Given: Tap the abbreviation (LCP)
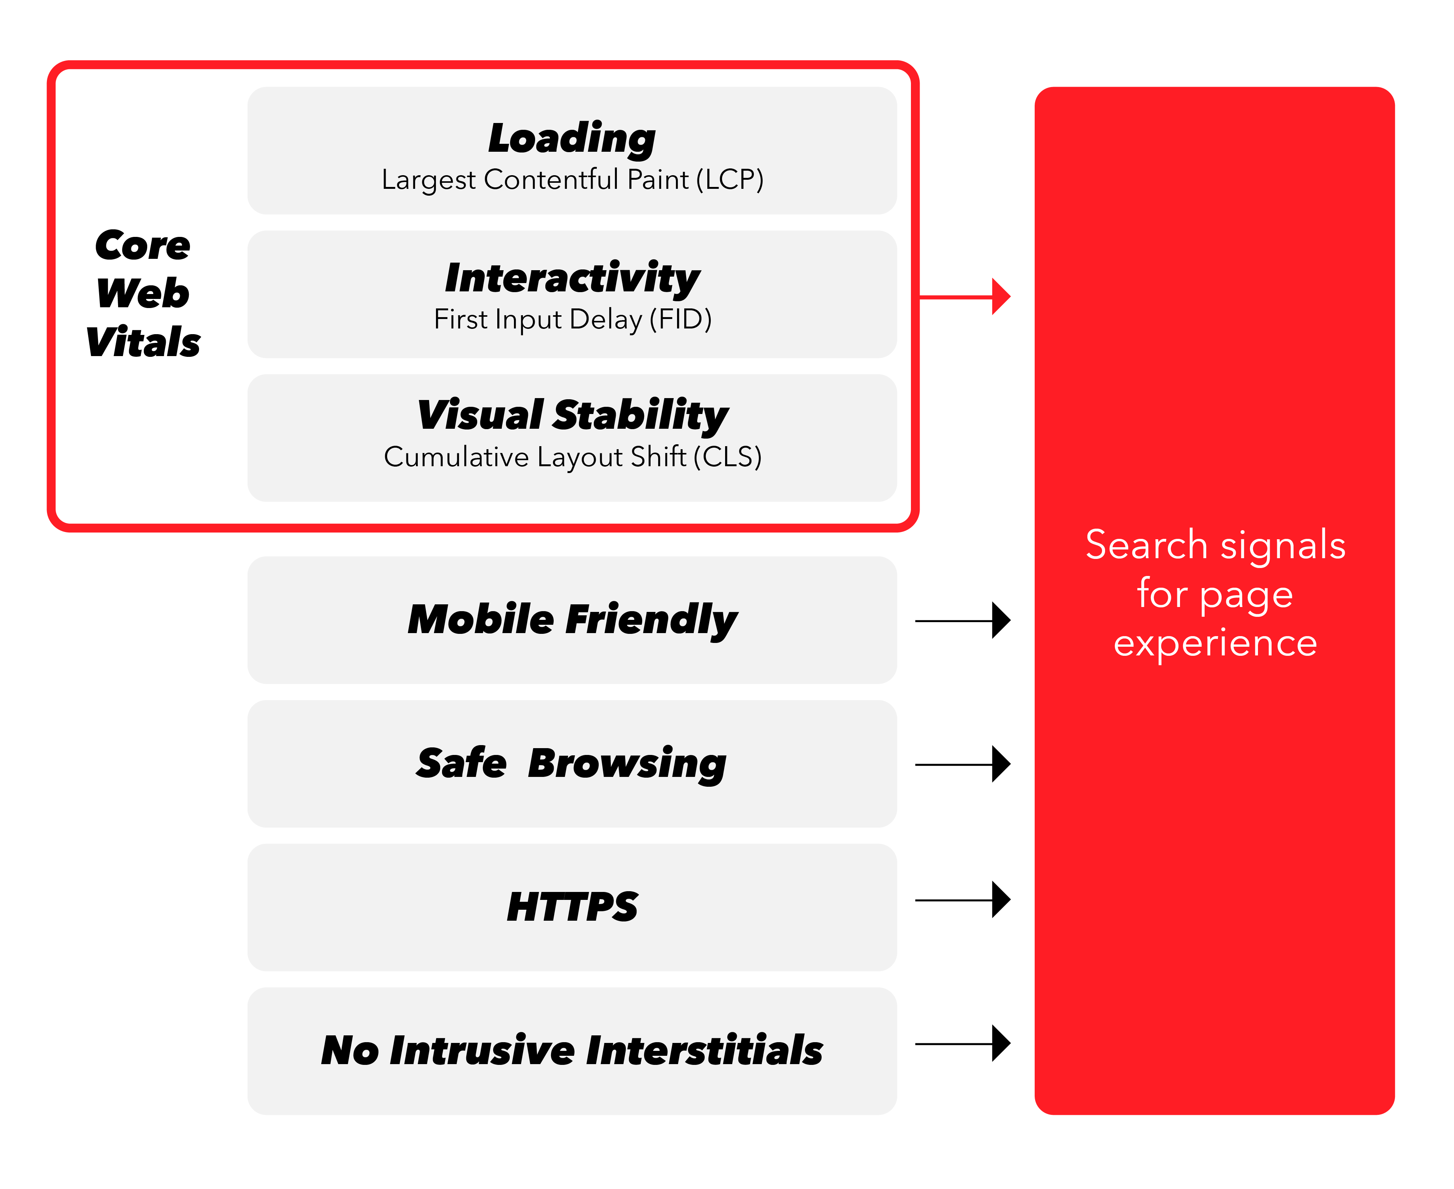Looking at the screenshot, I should click(730, 179).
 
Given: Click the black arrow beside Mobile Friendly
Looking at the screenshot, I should click(963, 621).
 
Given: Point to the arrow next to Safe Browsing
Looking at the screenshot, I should click(963, 764).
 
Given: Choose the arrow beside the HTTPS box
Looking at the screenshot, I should click(963, 899).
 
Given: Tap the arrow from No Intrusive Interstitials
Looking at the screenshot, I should click(963, 1043).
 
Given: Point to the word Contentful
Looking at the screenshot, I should click(551, 179).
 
